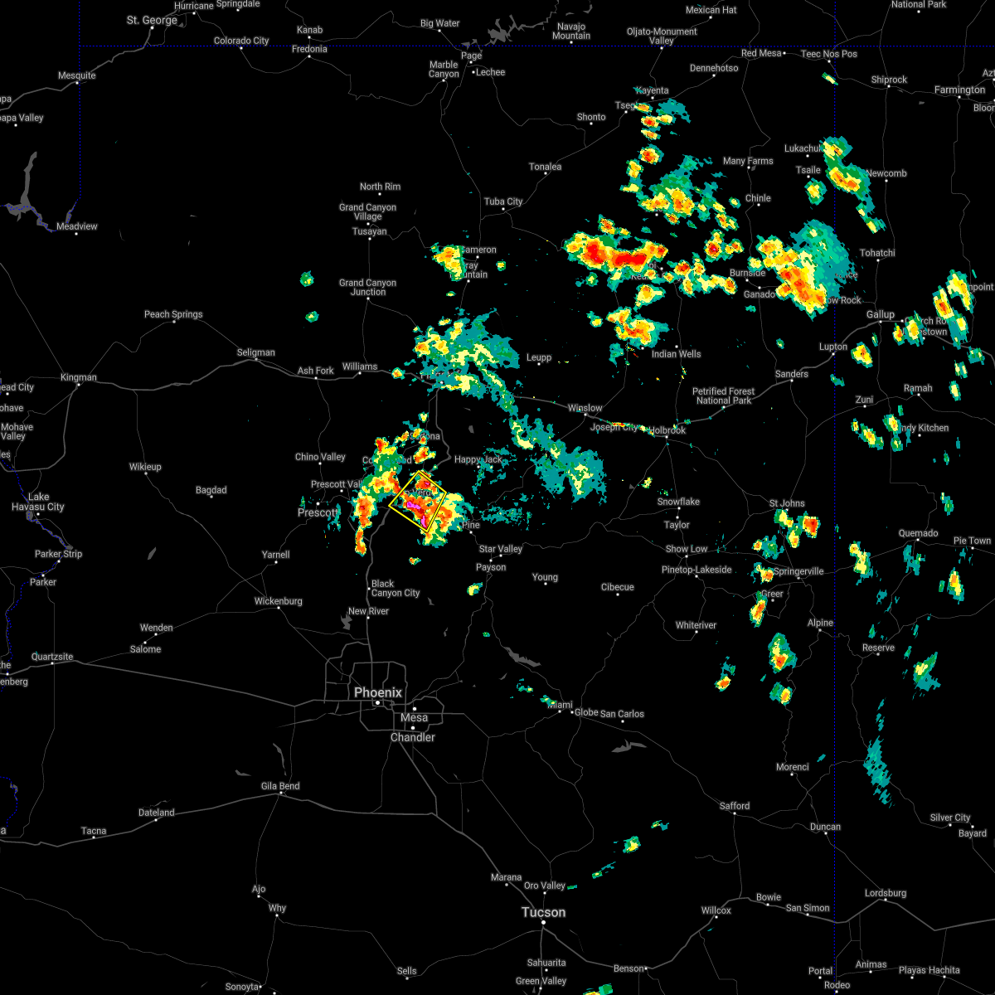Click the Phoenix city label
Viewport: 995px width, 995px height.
click(378, 692)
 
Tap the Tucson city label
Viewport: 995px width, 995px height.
click(543, 912)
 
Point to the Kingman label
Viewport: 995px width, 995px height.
click(79, 377)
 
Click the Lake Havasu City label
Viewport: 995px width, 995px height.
click(39, 502)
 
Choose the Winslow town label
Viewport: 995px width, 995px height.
click(585, 408)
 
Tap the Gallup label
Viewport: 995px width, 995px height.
click(881, 314)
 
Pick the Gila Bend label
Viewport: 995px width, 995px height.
click(281, 786)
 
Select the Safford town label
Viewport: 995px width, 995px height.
click(735, 806)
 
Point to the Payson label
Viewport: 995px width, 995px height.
click(491, 567)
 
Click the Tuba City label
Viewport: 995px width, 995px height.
click(503, 201)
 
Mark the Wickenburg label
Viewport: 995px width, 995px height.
click(279, 601)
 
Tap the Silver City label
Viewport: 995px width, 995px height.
click(950, 818)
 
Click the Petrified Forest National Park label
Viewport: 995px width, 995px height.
click(724, 396)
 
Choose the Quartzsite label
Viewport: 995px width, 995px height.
click(52, 657)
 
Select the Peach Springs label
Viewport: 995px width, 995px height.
click(173, 314)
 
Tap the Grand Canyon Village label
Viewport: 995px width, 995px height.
click(368, 211)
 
